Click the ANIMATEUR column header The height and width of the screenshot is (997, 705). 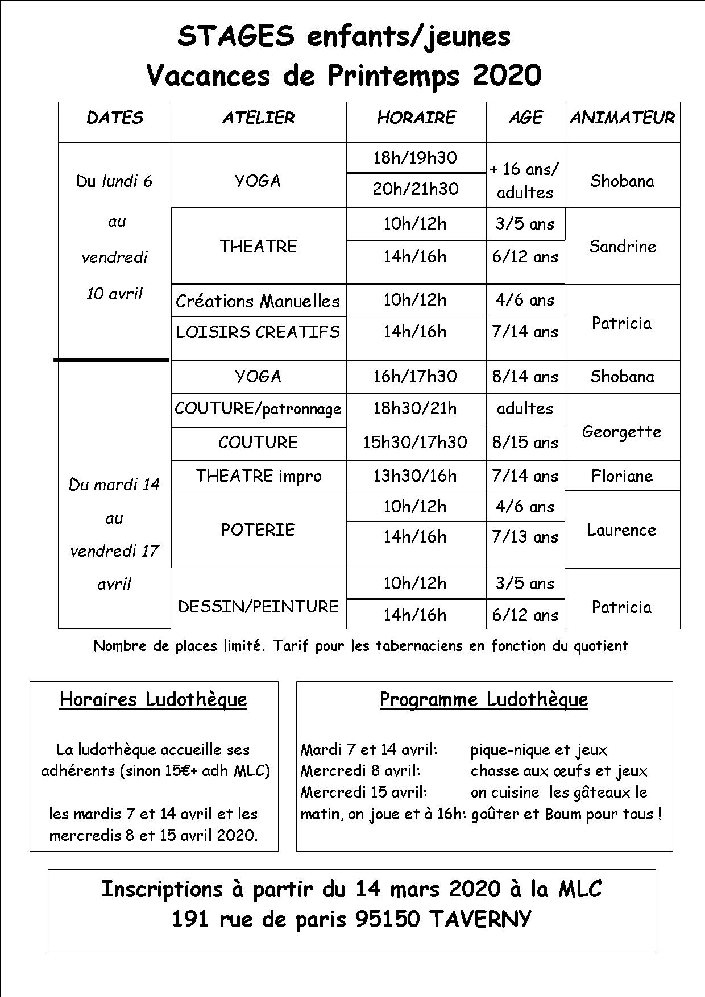[622, 118]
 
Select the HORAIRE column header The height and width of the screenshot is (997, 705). [416, 118]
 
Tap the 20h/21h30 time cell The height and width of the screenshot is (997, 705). [416, 189]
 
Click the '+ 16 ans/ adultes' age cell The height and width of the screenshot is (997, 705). [525, 181]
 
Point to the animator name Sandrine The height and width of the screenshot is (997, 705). [622, 246]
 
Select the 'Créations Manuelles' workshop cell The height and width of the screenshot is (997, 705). [258, 301]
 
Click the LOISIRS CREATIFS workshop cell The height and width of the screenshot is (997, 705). [258, 332]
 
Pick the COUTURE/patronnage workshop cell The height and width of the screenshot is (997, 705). [258, 409]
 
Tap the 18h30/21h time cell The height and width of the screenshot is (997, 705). [415, 409]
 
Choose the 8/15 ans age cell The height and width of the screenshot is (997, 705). [525, 443]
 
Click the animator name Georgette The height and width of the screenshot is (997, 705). [622, 432]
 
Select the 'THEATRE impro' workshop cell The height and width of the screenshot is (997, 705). [259, 476]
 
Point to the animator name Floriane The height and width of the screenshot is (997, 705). [622, 476]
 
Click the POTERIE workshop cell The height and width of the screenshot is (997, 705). [258, 529]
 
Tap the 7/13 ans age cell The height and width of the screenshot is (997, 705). [525, 537]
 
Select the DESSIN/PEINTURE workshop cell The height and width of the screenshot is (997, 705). [258, 607]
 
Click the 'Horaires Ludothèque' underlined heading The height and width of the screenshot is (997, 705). [154, 699]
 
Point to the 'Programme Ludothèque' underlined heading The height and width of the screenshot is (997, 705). [484, 699]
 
